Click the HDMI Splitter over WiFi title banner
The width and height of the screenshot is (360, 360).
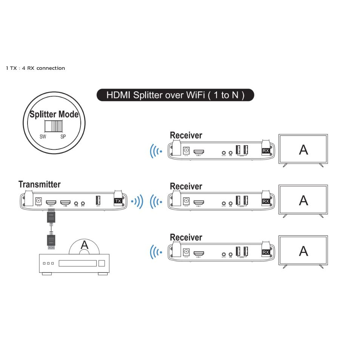(x=175, y=95)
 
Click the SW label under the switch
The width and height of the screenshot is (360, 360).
(x=43, y=137)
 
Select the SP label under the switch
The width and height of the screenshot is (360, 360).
(x=63, y=137)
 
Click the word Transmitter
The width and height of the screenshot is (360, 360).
(x=39, y=185)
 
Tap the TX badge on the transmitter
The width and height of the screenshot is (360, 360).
(x=118, y=201)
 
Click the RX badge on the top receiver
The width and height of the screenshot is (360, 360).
(x=266, y=151)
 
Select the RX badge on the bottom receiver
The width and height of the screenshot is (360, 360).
(x=266, y=252)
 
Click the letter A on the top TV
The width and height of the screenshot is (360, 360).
(x=303, y=150)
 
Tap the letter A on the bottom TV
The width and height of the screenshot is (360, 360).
(x=303, y=251)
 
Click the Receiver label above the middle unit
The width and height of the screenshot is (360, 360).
(x=186, y=186)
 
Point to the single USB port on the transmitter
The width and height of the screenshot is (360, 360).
(x=98, y=201)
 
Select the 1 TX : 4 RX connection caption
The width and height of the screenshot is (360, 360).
(x=35, y=68)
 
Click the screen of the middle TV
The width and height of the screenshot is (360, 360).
(x=303, y=200)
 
